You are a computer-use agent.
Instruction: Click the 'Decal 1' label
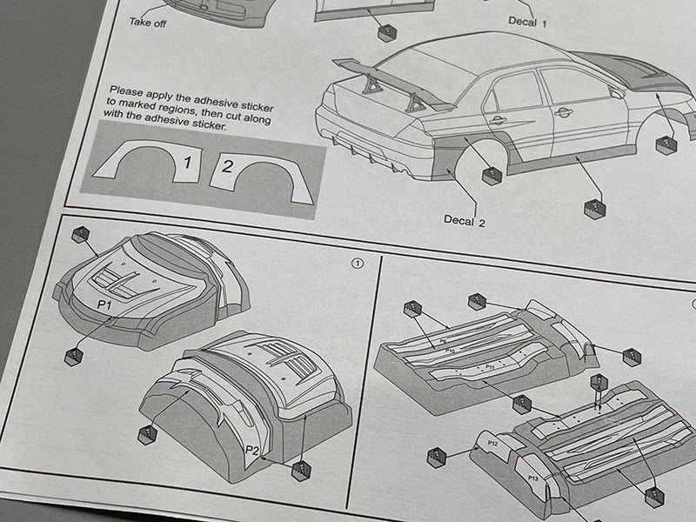[x=528, y=20]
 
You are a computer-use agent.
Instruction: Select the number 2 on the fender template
[x=226, y=166]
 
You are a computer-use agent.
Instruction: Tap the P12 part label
[x=492, y=444]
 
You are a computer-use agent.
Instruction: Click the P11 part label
[x=490, y=367]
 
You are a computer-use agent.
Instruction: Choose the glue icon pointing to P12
[x=437, y=457]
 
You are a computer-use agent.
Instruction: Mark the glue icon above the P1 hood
[x=81, y=234]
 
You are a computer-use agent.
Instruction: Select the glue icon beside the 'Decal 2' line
[x=492, y=175]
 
